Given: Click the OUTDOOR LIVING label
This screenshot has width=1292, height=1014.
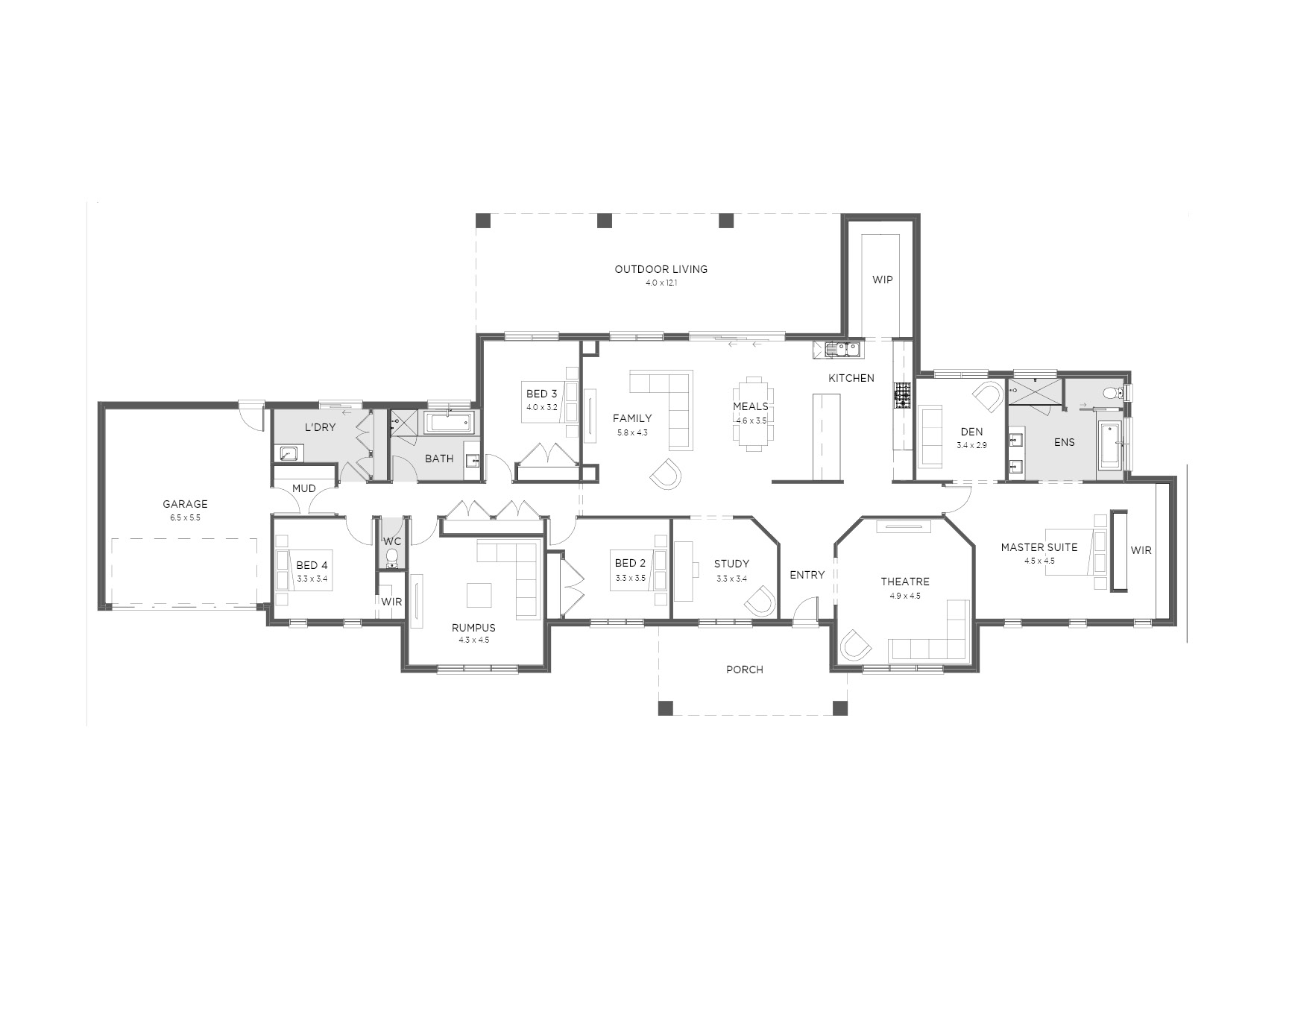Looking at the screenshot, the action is [x=661, y=269].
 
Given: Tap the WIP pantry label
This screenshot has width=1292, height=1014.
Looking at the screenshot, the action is [x=882, y=280].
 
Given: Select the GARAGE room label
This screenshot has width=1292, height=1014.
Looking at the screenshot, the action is [x=185, y=504].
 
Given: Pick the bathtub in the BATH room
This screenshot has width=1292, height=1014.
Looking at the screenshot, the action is [x=449, y=423].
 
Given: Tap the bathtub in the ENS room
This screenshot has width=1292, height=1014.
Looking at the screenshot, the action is [x=1109, y=445].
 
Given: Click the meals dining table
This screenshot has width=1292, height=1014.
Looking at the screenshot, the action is [x=754, y=414].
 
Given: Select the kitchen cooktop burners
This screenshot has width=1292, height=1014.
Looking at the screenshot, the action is [x=903, y=395].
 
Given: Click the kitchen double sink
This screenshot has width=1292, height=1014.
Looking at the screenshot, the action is [x=842, y=347].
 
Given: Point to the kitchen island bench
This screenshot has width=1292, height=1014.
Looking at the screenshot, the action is [x=826, y=437].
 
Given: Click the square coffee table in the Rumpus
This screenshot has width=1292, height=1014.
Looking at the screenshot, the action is [x=479, y=595].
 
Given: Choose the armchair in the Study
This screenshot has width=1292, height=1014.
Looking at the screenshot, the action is [x=760, y=601].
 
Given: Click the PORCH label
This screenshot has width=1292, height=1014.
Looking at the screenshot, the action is [x=745, y=670].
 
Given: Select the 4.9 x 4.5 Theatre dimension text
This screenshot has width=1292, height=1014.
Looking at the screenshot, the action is [x=904, y=596].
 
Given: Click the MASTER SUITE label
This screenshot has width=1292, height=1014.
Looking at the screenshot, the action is [x=1039, y=547].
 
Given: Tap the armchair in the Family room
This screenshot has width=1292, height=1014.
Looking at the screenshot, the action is [x=665, y=473].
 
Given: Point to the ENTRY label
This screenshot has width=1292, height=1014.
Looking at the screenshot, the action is [x=807, y=575].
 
